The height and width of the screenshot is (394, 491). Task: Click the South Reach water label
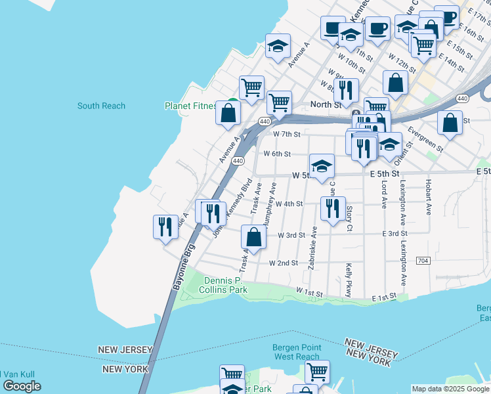101,106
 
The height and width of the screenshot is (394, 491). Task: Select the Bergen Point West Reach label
297,352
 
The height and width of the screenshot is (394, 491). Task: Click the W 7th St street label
286,134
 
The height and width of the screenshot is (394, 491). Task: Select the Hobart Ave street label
428,198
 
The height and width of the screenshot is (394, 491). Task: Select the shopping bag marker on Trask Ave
253,237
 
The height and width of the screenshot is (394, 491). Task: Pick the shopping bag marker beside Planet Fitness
228,112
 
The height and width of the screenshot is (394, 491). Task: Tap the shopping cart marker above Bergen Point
317,371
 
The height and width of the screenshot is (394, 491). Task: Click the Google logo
22,386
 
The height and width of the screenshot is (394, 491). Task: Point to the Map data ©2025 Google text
450,389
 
